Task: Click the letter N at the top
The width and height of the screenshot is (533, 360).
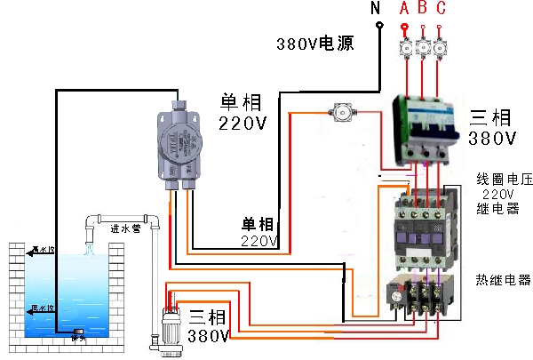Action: click(376, 8)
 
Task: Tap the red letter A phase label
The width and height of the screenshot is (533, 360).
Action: click(405, 8)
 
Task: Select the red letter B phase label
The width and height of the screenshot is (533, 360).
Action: click(422, 8)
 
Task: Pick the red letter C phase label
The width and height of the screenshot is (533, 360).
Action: click(441, 8)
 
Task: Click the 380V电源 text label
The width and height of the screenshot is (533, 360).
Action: click(314, 44)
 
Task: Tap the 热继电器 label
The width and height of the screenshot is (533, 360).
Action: click(503, 280)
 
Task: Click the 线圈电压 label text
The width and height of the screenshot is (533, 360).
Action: click(503, 179)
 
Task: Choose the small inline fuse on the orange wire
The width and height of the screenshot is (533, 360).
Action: click(340, 112)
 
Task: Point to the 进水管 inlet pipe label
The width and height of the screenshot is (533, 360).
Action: click(127, 228)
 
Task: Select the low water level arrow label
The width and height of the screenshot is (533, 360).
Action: click(41, 309)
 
